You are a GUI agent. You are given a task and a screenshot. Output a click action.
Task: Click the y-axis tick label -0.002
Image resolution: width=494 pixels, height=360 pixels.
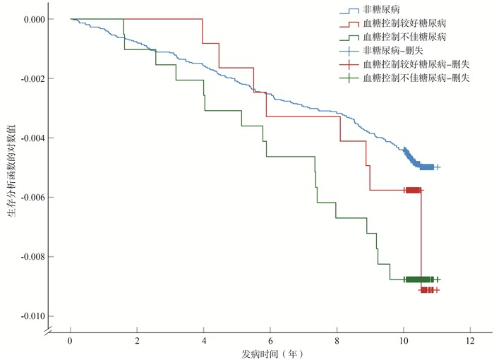pos(25,78)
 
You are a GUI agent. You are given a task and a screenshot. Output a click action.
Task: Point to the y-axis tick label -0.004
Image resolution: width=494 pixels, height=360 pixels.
pos(25,138)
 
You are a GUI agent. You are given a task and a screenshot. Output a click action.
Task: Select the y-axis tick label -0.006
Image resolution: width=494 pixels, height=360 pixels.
pos(25,197)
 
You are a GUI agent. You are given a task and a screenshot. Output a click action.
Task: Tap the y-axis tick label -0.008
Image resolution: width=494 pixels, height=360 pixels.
pos(25,256)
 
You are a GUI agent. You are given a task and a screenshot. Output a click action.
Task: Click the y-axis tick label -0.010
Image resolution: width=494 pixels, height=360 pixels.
pos(25,316)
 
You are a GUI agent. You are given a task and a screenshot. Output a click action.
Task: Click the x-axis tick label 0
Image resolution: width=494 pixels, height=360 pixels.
pos(71,341)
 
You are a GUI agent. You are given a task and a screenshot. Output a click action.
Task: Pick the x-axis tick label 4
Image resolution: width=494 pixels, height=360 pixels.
pos(204,341)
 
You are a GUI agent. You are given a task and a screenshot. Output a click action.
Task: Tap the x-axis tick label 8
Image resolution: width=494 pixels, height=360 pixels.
pos(337,341)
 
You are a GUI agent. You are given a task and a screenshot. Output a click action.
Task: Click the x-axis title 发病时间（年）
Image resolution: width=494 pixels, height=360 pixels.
pos(270,352)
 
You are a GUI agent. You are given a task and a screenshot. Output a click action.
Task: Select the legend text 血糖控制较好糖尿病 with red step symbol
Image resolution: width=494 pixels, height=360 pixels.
pos(404,23)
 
